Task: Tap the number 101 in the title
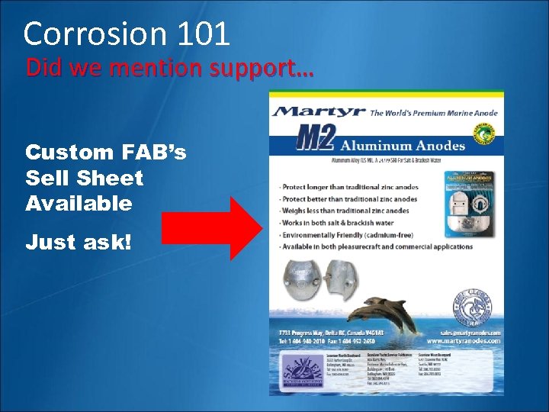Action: click(x=201, y=34)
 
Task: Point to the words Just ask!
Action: click(x=79, y=243)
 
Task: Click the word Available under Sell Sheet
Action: click(x=79, y=203)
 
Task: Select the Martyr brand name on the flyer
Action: click(x=320, y=111)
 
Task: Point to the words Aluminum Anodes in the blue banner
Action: click(x=402, y=145)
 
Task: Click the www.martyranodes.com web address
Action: click(x=462, y=340)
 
